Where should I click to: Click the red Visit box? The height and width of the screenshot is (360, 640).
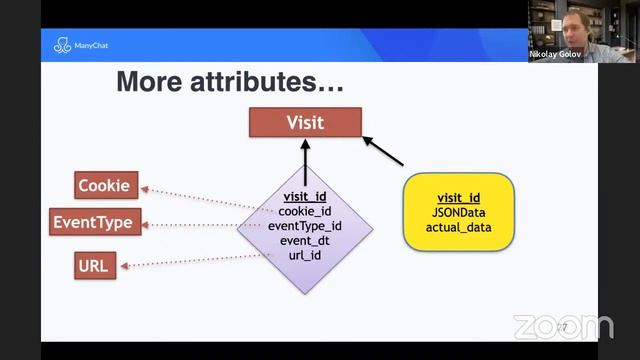pos(305,123)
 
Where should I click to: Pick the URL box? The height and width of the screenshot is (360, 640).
pos(96,265)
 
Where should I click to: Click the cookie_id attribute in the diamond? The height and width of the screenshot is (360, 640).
pos(305,211)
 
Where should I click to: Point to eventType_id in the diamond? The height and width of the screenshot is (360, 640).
pos(305,226)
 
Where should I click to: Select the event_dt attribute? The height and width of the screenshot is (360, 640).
pos(305,241)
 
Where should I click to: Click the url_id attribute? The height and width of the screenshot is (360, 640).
pos(305,256)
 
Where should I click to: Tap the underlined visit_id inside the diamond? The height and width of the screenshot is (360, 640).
pos(305,196)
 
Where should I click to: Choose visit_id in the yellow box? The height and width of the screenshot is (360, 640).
pos(458,197)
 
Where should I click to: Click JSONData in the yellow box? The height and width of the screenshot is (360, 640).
pos(458,212)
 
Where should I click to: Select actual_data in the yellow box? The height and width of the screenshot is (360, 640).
pos(458,228)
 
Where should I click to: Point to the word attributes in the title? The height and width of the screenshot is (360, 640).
pos(271,83)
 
